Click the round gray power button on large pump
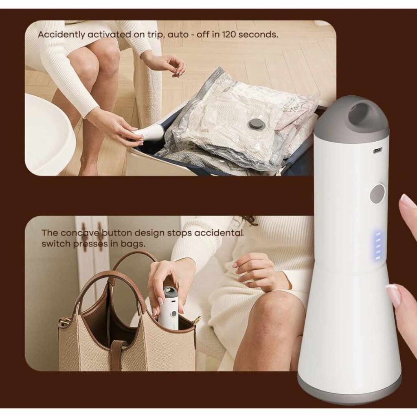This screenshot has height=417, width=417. click(377, 194)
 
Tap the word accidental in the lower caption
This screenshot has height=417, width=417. click(219, 233)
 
